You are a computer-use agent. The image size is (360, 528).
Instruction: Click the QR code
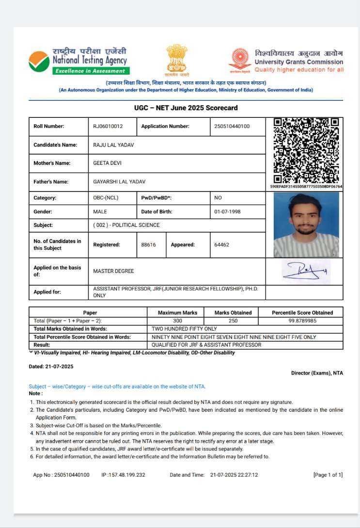point(306,150)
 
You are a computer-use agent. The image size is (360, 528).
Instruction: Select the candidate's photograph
point(306,224)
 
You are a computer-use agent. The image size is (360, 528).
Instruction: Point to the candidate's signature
point(306,271)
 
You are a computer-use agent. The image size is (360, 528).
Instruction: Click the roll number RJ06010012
point(108,126)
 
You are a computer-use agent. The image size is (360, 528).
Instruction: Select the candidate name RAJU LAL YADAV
point(114,145)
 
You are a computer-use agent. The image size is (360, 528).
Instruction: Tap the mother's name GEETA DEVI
point(107,163)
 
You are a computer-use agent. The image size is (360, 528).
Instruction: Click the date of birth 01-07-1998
point(227,212)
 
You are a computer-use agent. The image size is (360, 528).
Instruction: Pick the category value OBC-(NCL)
point(106,198)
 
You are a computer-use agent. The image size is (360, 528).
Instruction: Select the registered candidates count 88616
point(148,245)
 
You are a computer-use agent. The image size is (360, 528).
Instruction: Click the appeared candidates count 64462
point(221,245)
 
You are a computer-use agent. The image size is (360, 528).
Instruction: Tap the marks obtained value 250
point(233,321)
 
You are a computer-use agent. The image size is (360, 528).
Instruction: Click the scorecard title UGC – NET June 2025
point(186,108)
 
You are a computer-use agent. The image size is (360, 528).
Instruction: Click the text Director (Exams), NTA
point(317,373)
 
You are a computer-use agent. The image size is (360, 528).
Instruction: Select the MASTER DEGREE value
point(113,271)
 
